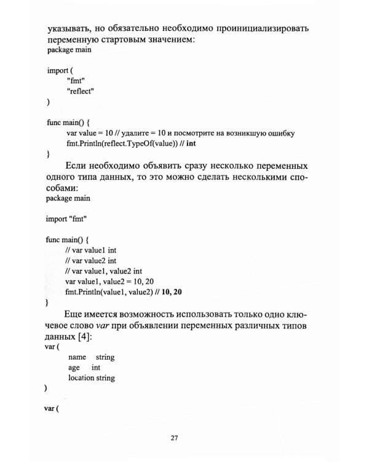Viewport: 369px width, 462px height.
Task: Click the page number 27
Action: click(174, 439)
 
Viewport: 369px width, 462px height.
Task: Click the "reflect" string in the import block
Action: click(81, 91)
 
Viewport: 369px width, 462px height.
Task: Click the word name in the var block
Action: click(77, 357)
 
